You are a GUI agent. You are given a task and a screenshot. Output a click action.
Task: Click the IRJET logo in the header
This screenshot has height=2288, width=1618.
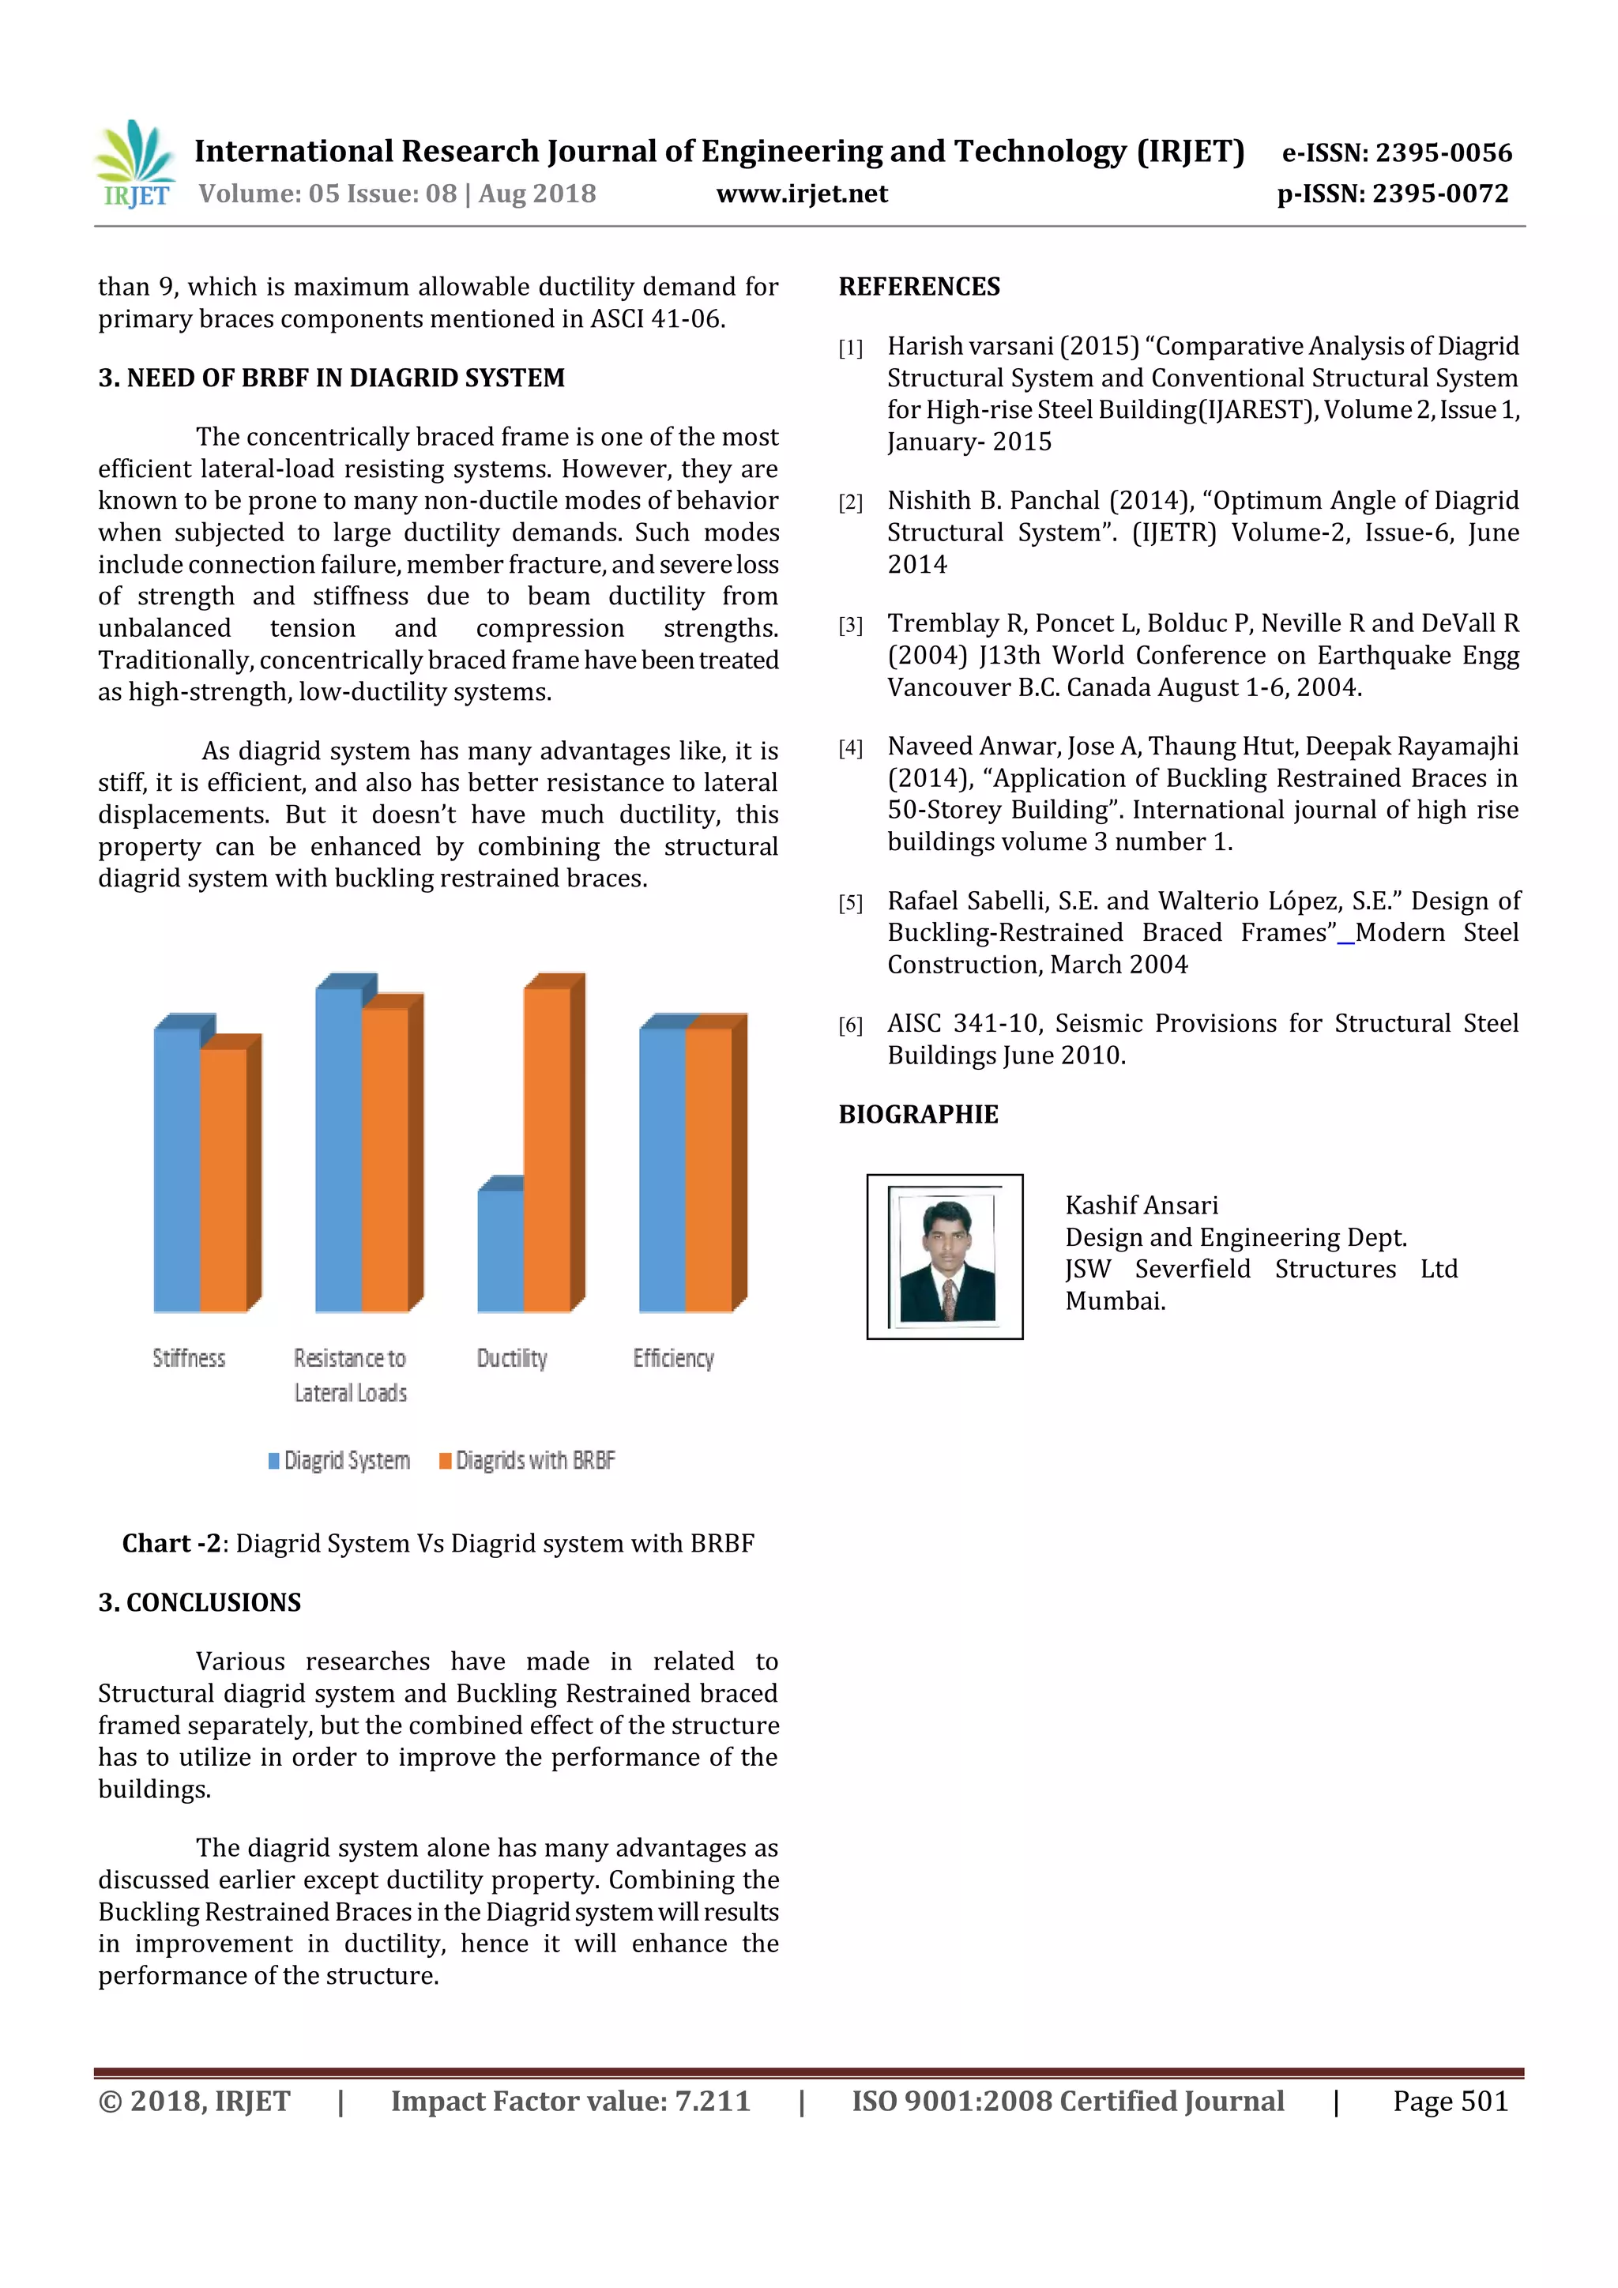tap(136, 164)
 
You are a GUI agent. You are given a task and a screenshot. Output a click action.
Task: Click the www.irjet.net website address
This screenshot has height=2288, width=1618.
tap(801, 194)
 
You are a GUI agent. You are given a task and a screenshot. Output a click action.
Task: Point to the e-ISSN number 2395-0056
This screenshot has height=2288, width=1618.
tap(1396, 152)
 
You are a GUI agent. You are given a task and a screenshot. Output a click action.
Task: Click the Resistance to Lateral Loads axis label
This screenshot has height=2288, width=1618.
tap(350, 1375)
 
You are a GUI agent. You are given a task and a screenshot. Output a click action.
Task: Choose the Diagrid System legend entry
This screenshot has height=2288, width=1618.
tap(339, 1460)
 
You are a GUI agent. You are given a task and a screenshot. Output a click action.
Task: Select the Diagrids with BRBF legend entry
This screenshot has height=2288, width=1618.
tap(527, 1460)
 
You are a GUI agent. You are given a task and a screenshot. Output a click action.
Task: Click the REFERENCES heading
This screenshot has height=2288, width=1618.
tap(919, 287)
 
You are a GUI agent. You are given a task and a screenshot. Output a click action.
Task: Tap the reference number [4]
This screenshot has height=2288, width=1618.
tap(850, 748)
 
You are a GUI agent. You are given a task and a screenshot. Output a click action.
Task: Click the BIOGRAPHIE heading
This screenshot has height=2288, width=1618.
tap(917, 1114)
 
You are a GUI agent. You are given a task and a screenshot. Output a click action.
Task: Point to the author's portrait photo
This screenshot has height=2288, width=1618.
tap(946, 1257)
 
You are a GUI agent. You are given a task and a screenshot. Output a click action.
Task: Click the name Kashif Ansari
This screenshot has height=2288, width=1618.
tap(1141, 1205)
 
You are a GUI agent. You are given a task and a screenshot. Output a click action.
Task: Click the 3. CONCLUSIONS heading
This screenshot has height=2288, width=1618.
tap(199, 1601)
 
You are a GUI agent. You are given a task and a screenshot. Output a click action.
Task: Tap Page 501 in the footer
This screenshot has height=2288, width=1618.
tap(1450, 2101)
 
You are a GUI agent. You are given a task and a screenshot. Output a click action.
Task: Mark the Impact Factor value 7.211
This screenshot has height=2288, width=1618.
tap(570, 2101)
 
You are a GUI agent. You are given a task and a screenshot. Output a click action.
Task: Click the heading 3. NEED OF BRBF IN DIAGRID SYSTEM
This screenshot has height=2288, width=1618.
tap(331, 378)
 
